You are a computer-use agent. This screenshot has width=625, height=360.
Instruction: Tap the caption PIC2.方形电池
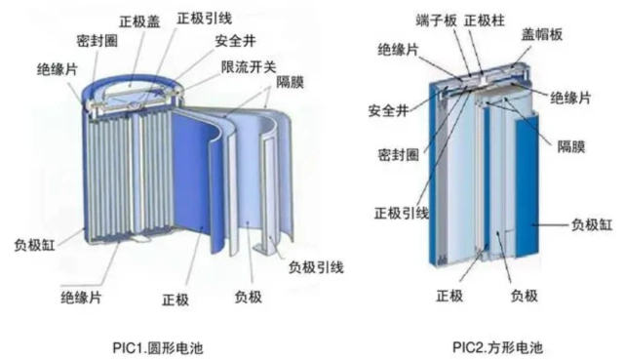coord(497,346)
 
